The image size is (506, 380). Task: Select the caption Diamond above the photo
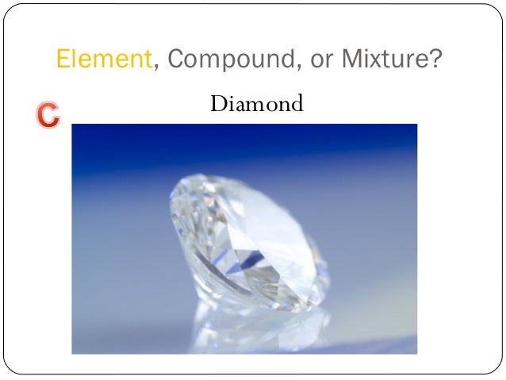[x=257, y=104]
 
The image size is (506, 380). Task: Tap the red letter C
[x=47, y=116]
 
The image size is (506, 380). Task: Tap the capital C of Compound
[x=178, y=59]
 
